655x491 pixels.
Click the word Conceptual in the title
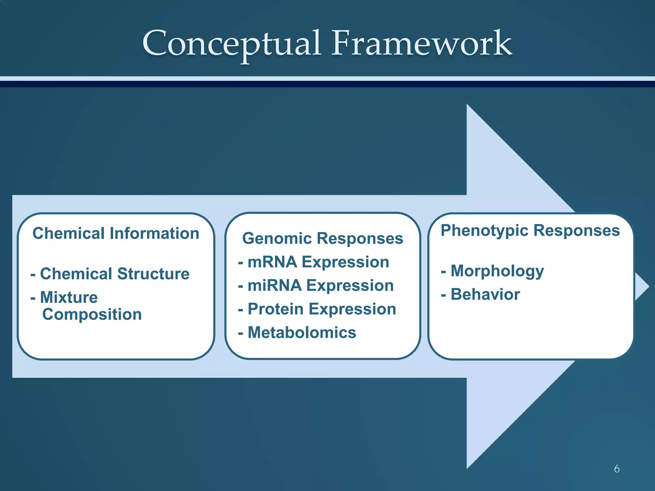coord(232,43)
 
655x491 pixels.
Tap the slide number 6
coord(617,469)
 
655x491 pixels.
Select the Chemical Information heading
coord(116,233)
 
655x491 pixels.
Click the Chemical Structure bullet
coord(110,274)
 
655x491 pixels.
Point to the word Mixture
coord(69,297)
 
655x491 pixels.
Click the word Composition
coord(92,314)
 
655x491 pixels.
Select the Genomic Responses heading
coord(323,238)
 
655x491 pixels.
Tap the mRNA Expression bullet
coord(314,262)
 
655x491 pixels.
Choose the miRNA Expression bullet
coord(316,285)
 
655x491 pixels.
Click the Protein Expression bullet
coord(317,309)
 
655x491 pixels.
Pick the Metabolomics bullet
coord(297,332)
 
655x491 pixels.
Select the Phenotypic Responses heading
coord(530,230)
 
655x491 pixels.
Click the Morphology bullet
coord(493,271)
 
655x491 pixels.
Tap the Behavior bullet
coord(481,294)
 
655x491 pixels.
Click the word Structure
coord(154,274)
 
